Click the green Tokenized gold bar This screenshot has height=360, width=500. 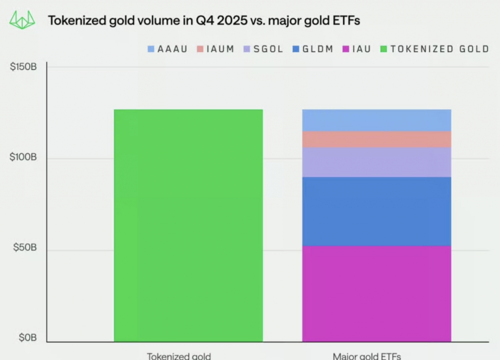[x=188, y=225]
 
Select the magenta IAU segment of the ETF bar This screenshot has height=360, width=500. [x=376, y=294]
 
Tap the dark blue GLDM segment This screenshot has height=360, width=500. [x=376, y=211]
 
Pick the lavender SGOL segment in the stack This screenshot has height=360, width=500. [x=376, y=162]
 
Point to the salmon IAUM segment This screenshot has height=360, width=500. [x=376, y=139]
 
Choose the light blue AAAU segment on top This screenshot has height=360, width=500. [x=376, y=120]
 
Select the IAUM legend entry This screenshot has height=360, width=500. [x=215, y=49]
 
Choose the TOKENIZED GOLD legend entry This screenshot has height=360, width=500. [x=435, y=49]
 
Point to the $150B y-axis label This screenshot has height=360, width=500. [x=23, y=67]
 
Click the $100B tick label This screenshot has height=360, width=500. [x=23, y=158]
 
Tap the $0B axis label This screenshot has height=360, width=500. [x=27, y=338]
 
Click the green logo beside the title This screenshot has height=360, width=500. [x=22, y=21]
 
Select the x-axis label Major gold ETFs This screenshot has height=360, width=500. [x=367, y=356]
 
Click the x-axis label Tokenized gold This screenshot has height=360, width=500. [x=179, y=356]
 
